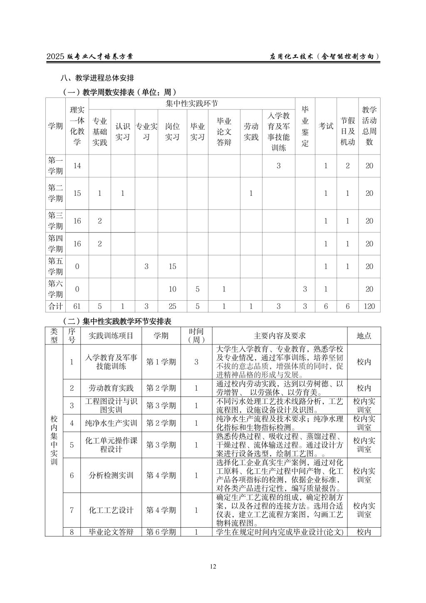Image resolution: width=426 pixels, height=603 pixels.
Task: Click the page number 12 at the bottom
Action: (213, 566)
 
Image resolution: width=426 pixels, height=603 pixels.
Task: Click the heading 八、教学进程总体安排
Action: (97, 78)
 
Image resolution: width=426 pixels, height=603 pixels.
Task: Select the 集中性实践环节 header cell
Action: (192, 103)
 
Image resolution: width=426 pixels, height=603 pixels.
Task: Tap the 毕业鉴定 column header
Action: (305, 126)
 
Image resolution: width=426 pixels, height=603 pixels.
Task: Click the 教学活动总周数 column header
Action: (369, 126)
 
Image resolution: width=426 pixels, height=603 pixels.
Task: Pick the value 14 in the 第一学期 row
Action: (77, 166)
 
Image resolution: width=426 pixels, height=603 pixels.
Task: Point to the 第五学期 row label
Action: (55, 267)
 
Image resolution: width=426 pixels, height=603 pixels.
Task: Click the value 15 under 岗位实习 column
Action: (172, 267)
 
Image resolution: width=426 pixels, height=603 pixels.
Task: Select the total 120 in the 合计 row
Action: (369, 306)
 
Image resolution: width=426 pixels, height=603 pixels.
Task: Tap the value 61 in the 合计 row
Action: (77, 306)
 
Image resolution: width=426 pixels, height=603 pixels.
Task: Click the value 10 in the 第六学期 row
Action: (172, 289)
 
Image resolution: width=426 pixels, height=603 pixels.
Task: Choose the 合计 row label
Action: (55, 306)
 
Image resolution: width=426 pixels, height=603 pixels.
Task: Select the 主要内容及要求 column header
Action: (280, 336)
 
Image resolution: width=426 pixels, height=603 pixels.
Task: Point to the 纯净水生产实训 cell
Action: (111, 423)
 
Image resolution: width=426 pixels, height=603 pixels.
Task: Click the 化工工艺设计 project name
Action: (111, 510)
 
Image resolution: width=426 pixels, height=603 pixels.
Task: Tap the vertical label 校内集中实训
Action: (54, 440)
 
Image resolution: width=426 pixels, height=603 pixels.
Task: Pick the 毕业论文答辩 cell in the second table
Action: (111, 532)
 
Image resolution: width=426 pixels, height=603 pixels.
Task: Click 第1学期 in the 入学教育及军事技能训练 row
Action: (161, 362)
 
